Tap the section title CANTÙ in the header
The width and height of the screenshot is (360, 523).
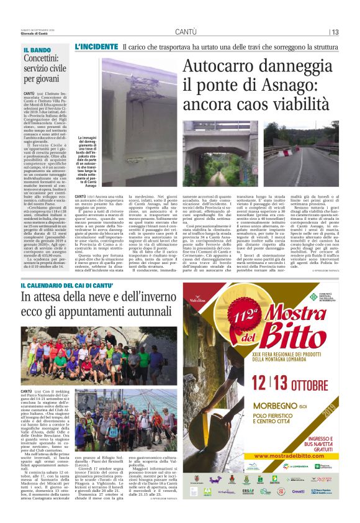click(x=186, y=31)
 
